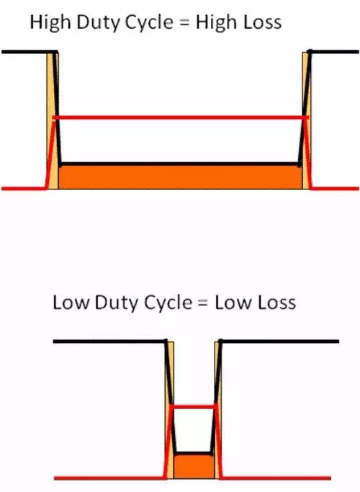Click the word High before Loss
[x=216, y=23]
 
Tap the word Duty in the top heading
[x=97, y=23]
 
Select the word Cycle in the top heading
[x=148, y=23]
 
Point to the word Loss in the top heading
[x=261, y=22]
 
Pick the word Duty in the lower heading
[x=116, y=303]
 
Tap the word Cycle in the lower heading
[x=168, y=303]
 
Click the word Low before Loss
[x=233, y=303]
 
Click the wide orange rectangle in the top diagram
[x=180, y=177]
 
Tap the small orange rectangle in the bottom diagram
[x=194, y=467]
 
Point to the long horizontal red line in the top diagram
[x=181, y=117]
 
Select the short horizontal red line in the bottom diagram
[x=194, y=407]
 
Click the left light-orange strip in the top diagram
[x=53, y=121]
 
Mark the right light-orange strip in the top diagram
[x=307, y=121]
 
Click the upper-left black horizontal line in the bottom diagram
[x=109, y=341]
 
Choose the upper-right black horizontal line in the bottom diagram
[x=279, y=341]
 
